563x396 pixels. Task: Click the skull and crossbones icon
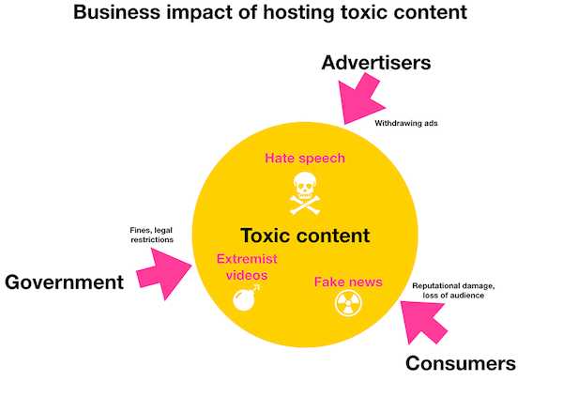[304, 193]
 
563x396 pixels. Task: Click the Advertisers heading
[375, 63]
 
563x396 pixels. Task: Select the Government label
[65, 282]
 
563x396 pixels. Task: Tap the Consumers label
[461, 363]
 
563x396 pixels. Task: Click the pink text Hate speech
[305, 158]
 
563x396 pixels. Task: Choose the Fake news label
[342, 281]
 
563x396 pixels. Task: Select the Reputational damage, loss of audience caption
[460, 290]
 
